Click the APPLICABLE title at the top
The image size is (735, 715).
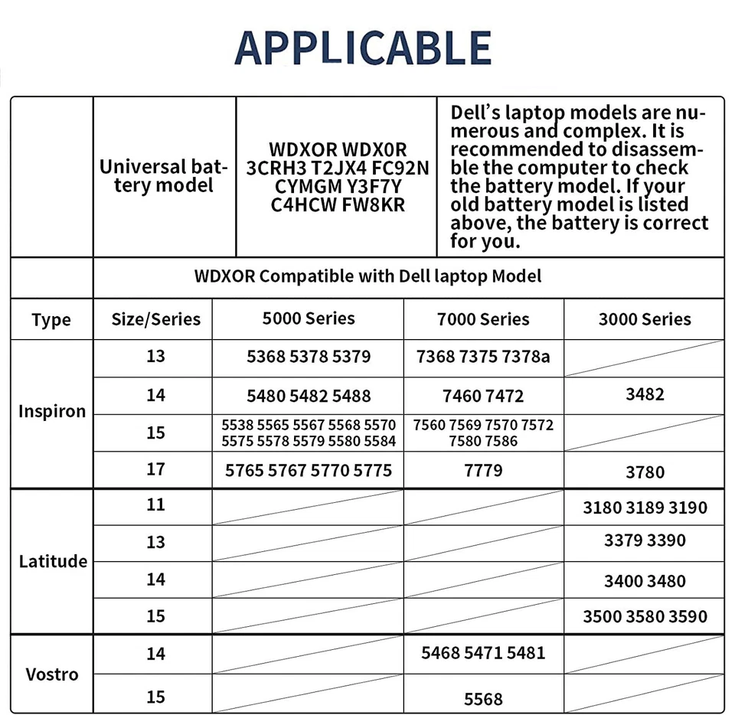coord(362,47)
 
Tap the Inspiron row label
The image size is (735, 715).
coord(52,411)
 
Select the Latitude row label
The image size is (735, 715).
coord(53,561)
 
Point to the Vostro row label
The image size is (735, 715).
coord(52,674)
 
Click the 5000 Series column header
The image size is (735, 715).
coord(309,318)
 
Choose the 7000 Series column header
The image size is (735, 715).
coord(483,319)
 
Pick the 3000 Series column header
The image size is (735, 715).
coord(645,319)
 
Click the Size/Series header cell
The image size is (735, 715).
coord(155,319)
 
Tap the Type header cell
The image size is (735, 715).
coord(51,320)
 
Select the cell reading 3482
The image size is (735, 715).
coord(645,394)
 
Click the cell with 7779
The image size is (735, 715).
coord(483,469)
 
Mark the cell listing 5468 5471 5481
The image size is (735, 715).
coord(483,653)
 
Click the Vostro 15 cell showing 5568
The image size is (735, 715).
coord(483,698)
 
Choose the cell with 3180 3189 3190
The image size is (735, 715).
coord(645,508)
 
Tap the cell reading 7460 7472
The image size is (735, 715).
coord(483,396)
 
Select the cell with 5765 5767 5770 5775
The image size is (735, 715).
coord(309,470)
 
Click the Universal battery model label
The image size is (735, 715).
coord(164,176)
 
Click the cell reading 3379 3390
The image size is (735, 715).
coord(645,540)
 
